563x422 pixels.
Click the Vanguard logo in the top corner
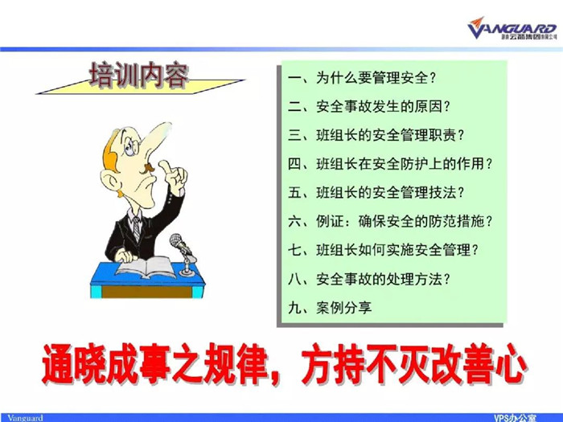click(x=512, y=28)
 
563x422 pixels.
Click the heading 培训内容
click(x=139, y=76)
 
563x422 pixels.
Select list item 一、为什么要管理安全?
click(x=362, y=78)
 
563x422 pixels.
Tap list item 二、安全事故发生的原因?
click(x=369, y=107)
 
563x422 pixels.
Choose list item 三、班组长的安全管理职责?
click(x=376, y=135)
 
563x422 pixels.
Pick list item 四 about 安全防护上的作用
click(x=390, y=164)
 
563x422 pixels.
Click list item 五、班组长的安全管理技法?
click(x=376, y=193)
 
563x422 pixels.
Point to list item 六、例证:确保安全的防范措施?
click(x=390, y=221)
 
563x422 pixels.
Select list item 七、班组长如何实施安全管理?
click(x=384, y=250)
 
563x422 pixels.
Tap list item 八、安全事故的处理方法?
click(x=369, y=279)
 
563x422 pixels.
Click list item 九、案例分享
click(x=330, y=308)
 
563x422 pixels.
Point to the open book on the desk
click(x=146, y=268)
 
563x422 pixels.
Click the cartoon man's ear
click(x=110, y=180)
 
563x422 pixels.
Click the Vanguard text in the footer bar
click(x=25, y=418)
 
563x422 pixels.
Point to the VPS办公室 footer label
click(x=515, y=418)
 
